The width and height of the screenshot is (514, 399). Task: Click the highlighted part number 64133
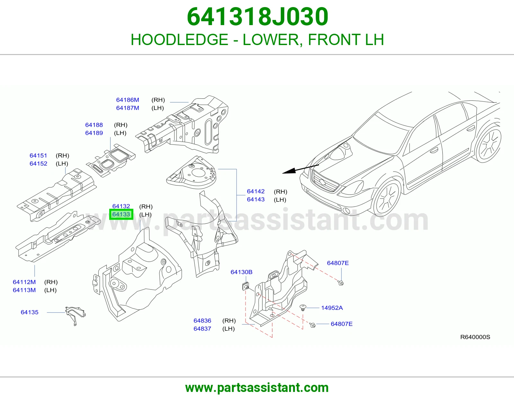coord(121,214)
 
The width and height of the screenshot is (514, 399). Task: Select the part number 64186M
coord(128,100)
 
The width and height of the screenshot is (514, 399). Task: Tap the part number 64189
coord(94,133)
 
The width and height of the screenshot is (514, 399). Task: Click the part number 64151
coord(38,155)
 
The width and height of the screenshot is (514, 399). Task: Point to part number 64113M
coord(24,290)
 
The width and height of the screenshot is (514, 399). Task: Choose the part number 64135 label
coord(30,312)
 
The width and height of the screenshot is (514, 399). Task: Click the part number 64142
coord(256,191)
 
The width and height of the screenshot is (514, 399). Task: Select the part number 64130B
coord(242,272)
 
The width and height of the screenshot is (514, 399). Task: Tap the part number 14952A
coord(332,308)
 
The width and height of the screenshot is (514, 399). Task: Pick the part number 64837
coord(202,329)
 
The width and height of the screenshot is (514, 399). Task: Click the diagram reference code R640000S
coord(475,337)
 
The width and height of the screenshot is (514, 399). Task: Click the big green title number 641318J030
coord(257,17)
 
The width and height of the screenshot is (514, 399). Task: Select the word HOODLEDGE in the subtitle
coord(179,40)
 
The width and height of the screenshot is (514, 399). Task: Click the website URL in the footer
coord(257,388)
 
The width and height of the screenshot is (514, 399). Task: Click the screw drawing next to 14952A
coord(303,308)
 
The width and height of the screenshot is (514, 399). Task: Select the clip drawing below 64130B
coord(245,287)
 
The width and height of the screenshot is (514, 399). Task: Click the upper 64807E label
coord(338,263)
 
